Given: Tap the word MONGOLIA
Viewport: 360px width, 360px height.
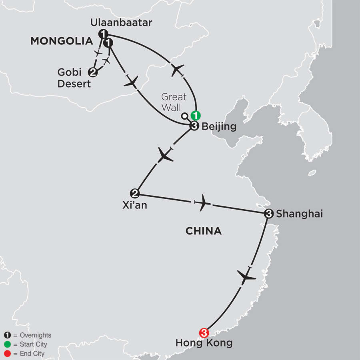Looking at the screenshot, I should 61,41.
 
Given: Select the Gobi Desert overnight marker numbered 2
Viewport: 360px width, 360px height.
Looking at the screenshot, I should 93,72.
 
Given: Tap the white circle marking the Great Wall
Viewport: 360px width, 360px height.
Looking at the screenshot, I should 184,116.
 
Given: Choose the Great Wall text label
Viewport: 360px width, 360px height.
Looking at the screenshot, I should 174,102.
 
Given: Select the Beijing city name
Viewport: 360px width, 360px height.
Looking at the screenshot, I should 219,127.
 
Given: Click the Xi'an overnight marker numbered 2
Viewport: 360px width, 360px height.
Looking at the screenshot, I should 136,193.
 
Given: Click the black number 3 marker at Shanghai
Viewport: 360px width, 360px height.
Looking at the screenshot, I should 269,214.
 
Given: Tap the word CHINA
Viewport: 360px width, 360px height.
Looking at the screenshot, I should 204,231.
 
